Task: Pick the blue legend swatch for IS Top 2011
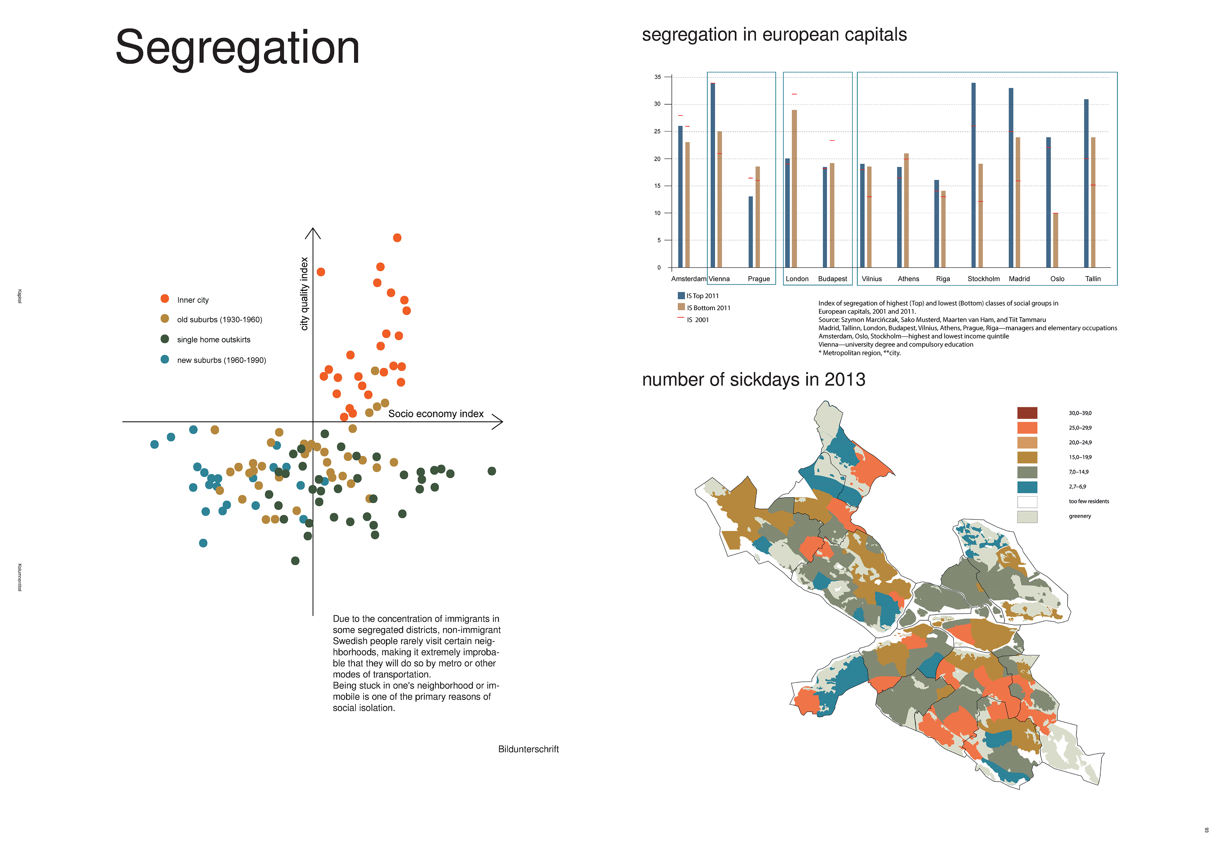click(x=681, y=296)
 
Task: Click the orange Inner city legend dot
click(x=165, y=299)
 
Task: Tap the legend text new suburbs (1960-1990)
click(x=221, y=360)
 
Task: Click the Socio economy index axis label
click(x=436, y=414)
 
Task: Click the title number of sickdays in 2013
click(x=753, y=380)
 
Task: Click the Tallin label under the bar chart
click(x=1093, y=279)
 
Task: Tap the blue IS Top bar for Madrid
click(x=1011, y=178)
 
